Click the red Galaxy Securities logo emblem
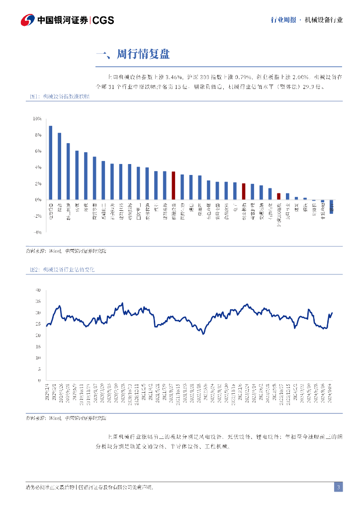(28, 20)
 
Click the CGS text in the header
(103, 20)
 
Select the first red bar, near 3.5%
(173, 185)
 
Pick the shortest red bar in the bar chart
(279, 196)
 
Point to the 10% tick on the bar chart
(37, 119)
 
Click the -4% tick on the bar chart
(37, 232)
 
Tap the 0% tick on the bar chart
(38, 200)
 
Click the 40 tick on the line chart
(38, 290)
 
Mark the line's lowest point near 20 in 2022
(203, 334)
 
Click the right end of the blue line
(332, 313)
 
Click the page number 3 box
(338, 487)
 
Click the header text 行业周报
(283, 20)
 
